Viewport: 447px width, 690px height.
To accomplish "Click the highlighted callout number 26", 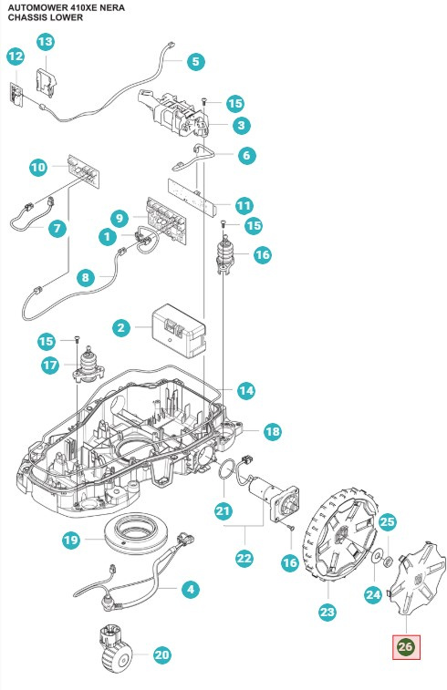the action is [406, 647].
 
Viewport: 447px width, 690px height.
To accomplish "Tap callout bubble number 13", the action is [45, 42].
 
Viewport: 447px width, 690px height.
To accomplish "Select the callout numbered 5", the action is [195, 61].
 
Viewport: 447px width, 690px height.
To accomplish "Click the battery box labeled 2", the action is [179, 330].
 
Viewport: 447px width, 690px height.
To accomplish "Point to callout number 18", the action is [272, 431].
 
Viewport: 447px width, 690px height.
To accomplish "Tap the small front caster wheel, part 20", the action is [114, 647].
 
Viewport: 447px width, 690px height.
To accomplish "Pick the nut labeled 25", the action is [389, 561].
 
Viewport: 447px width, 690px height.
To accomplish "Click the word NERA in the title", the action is [112, 8].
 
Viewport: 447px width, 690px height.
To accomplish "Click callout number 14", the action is [245, 390].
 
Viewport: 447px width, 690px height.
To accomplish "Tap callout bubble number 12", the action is [16, 57].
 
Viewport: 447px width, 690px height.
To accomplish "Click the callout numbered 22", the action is [244, 559].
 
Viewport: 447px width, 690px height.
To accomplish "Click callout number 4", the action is [191, 589].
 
